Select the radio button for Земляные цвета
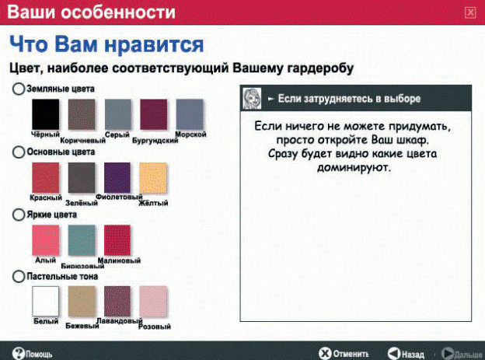(18, 89)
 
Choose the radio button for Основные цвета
(18, 152)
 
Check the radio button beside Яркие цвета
(18, 215)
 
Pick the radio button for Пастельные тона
(18, 277)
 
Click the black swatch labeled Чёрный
(45, 114)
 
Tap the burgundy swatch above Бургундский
(153, 114)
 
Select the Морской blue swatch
(190, 114)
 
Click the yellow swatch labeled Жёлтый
(153, 178)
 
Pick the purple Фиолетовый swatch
(117, 178)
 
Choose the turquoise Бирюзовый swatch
(82, 240)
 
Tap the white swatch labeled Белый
(45, 301)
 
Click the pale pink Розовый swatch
(153, 301)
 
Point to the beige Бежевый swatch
(82, 301)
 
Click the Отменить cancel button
(344, 354)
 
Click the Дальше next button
(462, 354)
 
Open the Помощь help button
(32, 354)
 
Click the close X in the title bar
(470, 12)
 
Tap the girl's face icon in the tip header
(252, 99)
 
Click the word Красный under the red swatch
(46, 197)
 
